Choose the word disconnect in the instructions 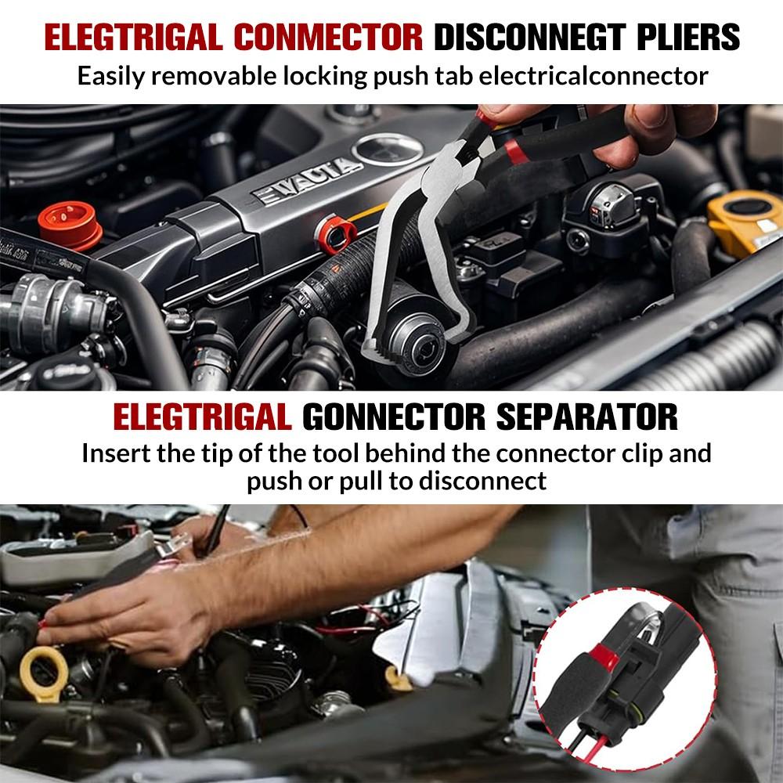(x=483, y=480)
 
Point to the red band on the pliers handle (x=514, y=146)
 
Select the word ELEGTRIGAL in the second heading (x=202, y=417)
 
